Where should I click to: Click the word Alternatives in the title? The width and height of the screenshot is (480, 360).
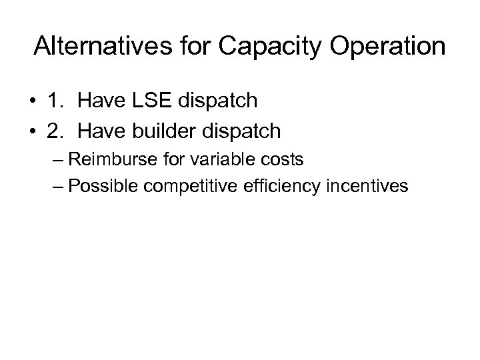[x=103, y=46]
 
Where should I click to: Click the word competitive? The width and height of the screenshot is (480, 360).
[x=181, y=186]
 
